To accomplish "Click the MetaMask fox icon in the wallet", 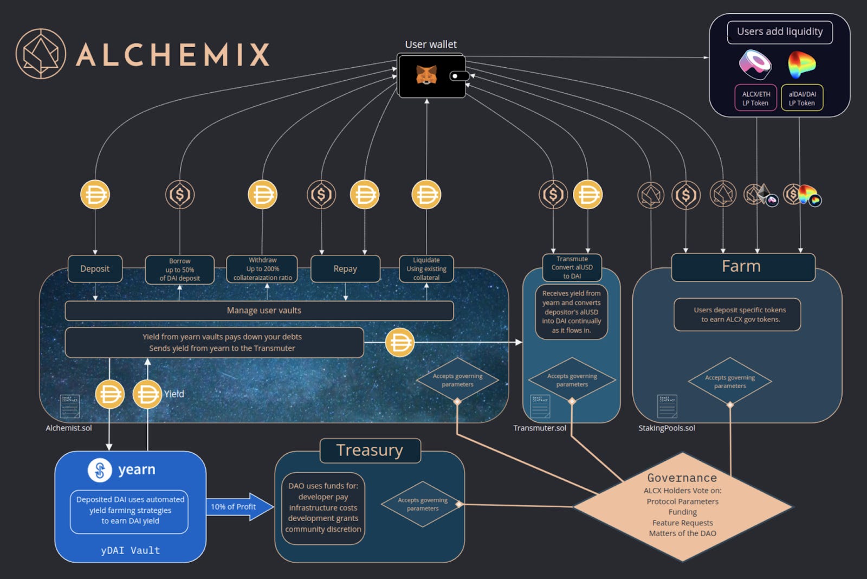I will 426,75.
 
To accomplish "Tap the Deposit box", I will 95,269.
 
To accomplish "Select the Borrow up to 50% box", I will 180,269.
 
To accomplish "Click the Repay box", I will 345,269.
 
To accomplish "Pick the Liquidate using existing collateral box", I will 426,269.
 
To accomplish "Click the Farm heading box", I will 742,267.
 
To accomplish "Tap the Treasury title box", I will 370,451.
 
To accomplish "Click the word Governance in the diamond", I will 682,478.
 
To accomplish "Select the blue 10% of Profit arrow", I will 238,507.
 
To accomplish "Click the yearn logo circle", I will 100,470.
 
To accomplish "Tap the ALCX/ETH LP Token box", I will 756,98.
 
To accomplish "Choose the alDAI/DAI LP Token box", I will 802,98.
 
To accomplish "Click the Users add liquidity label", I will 780,32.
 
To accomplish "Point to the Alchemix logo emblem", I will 41,54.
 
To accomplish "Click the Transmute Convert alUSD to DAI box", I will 572,267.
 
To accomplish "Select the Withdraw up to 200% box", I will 262,269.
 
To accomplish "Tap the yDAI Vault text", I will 131,550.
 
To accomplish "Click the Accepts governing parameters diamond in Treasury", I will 423,504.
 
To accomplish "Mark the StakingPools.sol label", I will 667,428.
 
